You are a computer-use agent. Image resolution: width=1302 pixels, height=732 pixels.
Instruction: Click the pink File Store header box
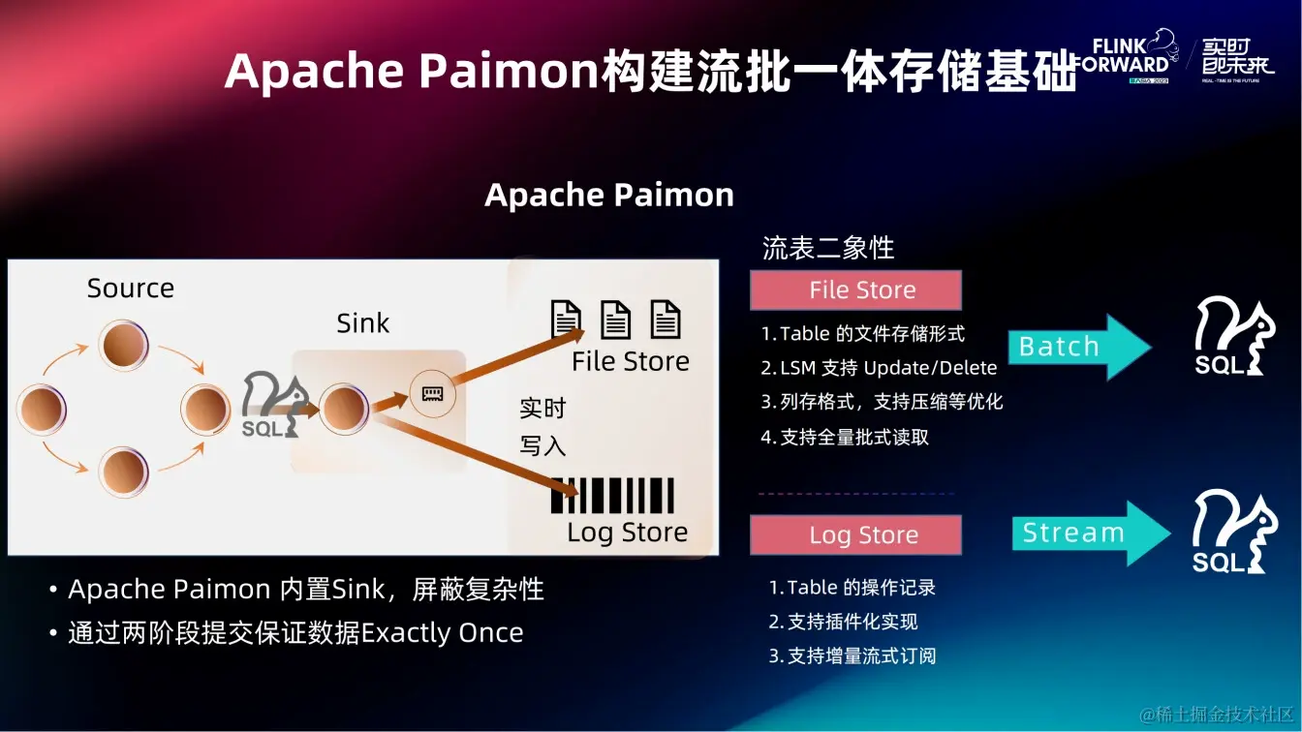(855, 290)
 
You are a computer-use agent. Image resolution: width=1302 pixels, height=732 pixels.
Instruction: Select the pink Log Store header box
(855, 535)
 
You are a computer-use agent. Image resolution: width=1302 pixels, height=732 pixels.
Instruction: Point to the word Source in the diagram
(131, 289)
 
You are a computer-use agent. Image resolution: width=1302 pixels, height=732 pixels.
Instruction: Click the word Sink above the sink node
(362, 323)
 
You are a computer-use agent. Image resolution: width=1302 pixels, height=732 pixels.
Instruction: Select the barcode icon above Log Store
(612, 495)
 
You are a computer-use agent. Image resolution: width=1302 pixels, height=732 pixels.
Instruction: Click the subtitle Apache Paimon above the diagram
(609, 196)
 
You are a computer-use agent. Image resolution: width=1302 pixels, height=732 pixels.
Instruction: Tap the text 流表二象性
(828, 248)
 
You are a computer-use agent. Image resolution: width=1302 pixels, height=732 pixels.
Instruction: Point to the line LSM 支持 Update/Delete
(879, 368)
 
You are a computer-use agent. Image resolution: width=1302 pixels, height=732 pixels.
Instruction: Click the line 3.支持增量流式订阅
(852, 656)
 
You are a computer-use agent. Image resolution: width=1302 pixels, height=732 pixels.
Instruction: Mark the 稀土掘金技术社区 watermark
(1217, 715)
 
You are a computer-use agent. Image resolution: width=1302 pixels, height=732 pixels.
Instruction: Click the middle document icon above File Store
(615, 320)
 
